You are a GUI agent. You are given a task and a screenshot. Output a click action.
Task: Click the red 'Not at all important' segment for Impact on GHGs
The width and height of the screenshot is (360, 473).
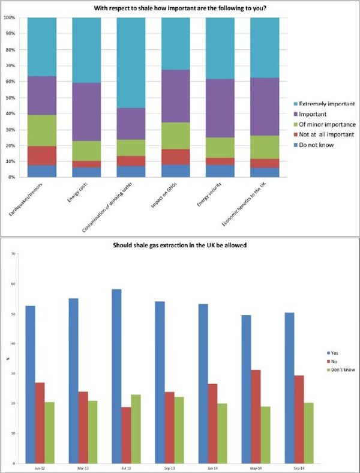pos(176,157)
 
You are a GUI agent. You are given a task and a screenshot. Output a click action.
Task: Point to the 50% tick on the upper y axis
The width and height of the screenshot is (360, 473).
pos(9,97)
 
